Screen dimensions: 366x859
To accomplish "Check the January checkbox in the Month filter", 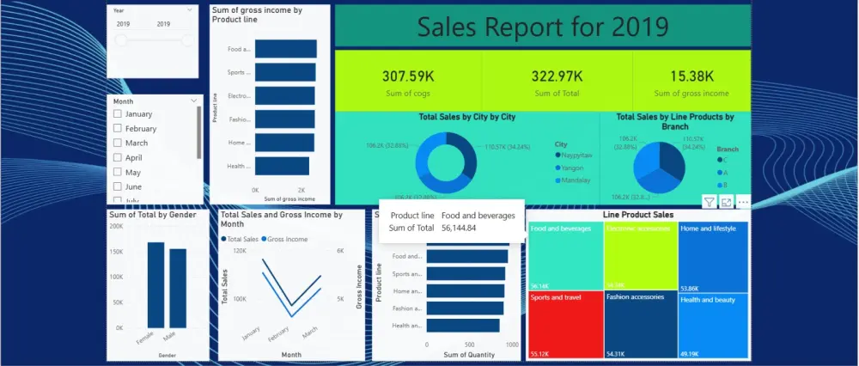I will (x=117, y=114).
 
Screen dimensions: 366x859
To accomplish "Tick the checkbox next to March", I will (x=117, y=143).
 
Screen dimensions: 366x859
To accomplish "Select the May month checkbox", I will (x=117, y=173).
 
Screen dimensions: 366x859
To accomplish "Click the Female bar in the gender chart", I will (x=155, y=284).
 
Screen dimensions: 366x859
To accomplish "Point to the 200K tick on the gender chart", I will (x=116, y=226).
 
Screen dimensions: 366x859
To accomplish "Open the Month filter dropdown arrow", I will (x=194, y=101).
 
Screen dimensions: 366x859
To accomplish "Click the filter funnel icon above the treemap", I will (x=710, y=202).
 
